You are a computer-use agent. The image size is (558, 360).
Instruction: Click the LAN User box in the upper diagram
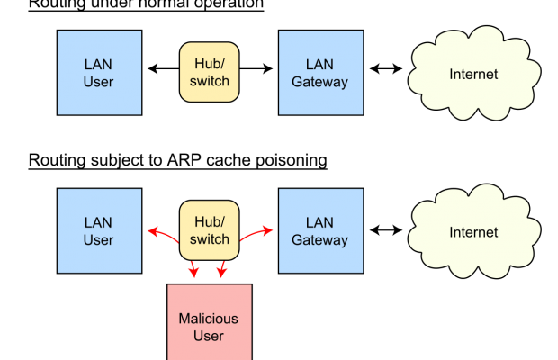click(99, 73)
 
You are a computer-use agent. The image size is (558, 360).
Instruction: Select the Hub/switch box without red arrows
click(210, 72)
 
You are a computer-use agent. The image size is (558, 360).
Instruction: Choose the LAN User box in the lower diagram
click(99, 230)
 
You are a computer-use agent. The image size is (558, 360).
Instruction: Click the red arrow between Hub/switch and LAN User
click(163, 237)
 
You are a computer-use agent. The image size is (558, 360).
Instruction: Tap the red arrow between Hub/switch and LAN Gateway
click(256, 234)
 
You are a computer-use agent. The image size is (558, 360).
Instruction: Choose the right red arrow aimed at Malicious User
click(222, 268)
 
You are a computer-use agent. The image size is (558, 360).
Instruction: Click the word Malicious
click(209, 319)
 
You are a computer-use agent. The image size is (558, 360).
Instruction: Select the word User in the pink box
click(209, 337)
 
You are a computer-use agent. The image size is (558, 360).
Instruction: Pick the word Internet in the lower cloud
click(473, 232)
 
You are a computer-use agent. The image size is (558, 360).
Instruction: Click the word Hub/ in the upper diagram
click(210, 63)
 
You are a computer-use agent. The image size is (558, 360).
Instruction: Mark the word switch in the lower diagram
click(210, 239)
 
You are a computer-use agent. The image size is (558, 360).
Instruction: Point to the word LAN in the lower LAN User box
click(99, 222)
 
